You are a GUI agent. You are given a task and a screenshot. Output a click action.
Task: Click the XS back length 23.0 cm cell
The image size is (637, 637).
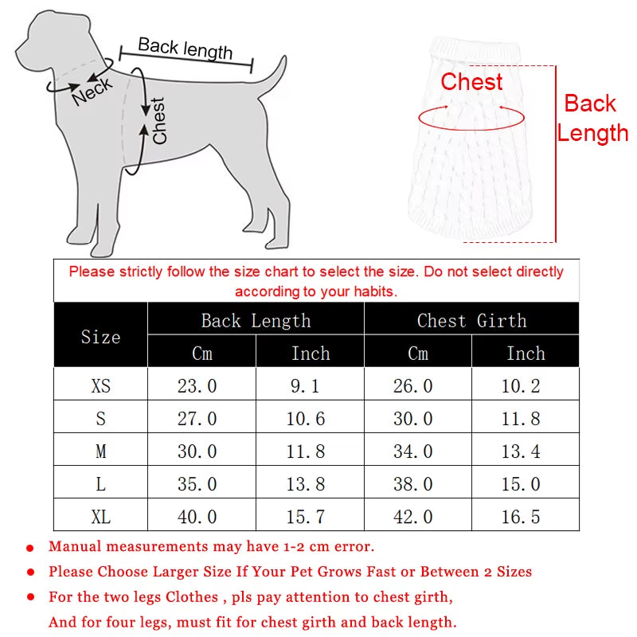tap(197, 386)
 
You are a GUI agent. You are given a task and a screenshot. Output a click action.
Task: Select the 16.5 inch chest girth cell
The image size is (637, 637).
tap(521, 517)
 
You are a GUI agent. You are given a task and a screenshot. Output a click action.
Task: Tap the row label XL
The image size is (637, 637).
tap(101, 517)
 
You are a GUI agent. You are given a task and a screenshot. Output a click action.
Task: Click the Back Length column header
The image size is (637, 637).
tap(256, 321)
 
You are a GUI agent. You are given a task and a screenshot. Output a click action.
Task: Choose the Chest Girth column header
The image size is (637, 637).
tap(471, 321)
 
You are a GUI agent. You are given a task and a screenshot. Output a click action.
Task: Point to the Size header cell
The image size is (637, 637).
tap(100, 337)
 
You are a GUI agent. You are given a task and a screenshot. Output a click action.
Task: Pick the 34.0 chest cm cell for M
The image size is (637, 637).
tap(413, 451)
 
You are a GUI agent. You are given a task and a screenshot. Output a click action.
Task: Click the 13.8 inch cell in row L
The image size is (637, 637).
tap(306, 484)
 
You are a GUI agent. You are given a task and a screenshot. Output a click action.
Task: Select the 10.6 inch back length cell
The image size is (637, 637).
tap(306, 419)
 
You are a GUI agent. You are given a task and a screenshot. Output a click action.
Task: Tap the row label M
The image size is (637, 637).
tap(101, 451)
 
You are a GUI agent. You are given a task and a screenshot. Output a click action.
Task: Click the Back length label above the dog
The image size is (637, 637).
tap(186, 49)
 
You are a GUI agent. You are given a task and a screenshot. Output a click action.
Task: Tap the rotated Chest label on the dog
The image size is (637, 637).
tap(159, 121)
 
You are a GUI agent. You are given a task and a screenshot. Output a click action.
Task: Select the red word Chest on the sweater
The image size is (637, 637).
tap(471, 82)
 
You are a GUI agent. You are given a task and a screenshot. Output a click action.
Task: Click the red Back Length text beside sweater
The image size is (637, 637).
tap(592, 118)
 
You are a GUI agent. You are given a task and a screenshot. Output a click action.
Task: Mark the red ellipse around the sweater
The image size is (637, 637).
tap(471, 118)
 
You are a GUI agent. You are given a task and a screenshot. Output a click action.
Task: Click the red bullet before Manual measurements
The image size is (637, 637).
tap(30, 549)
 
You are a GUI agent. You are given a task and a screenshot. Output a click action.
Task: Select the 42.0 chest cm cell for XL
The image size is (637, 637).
tap(413, 517)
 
